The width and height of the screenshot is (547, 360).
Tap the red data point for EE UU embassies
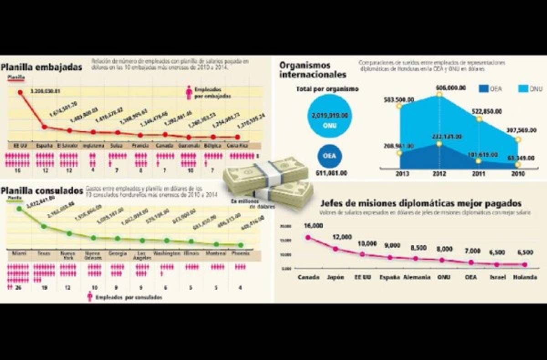(x=21, y=93)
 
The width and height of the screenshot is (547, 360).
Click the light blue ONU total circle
(x=330, y=116)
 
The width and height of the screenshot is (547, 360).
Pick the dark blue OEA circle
(x=330, y=156)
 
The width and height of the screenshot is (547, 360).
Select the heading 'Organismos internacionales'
(x=313, y=70)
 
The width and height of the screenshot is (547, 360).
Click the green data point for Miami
(x=19, y=209)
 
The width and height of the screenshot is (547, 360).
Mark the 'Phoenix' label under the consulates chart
(x=240, y=253)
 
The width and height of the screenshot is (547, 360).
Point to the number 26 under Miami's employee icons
(x=18, y=288)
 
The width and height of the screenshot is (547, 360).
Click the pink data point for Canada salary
(x=308, y=237)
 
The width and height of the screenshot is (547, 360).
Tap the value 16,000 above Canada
(x=313, y=226)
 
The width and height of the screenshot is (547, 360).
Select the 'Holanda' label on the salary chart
(x=524, y=277)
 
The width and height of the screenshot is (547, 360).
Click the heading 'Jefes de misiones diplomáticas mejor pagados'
(x=421, y=203)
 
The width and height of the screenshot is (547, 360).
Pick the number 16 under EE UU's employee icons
(x=17, y=170)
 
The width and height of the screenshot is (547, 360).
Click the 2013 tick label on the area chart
(x=403, y=174)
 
